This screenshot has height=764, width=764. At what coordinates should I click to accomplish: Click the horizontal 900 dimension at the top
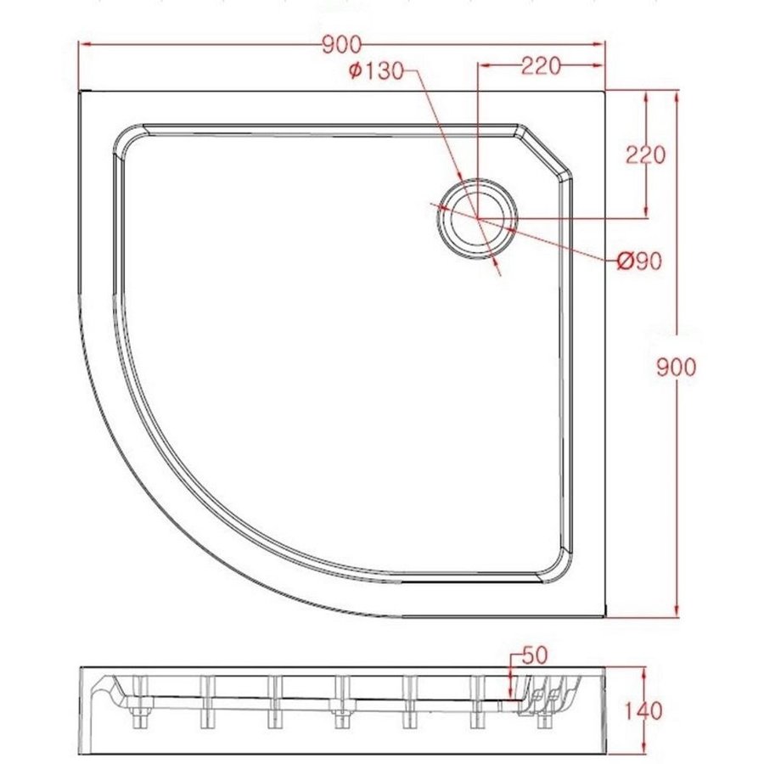[x=342, y=44]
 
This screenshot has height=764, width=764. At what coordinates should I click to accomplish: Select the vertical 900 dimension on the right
[x=677, y=366]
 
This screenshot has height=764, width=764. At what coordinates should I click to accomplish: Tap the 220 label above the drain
[x=540, y=66]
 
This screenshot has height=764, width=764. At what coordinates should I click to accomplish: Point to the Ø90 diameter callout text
[x=639, y=261]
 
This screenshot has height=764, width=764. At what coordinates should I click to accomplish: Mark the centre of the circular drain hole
[x=478, y=217]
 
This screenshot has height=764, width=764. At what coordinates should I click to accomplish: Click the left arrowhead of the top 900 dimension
[x=85, y=44]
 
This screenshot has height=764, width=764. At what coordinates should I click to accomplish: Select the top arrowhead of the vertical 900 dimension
[x=677, y=95]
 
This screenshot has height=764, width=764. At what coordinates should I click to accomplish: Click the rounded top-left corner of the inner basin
[x=127, y=140]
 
